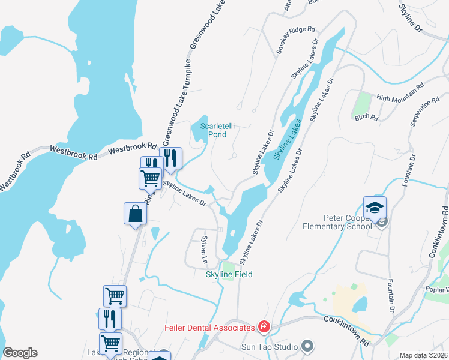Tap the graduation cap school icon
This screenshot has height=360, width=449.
tap(375, 208)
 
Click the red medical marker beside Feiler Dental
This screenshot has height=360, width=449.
tap(264, 327)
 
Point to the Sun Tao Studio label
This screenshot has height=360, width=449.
tap(274, 346)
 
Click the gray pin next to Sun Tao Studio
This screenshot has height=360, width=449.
tap(307, 346)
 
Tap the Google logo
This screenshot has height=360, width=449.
tap(20, 353)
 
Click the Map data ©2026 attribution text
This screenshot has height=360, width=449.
tap(423, 355)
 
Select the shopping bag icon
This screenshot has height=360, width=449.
tap(136, 214)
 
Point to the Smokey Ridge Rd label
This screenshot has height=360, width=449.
tap(295, 40)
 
